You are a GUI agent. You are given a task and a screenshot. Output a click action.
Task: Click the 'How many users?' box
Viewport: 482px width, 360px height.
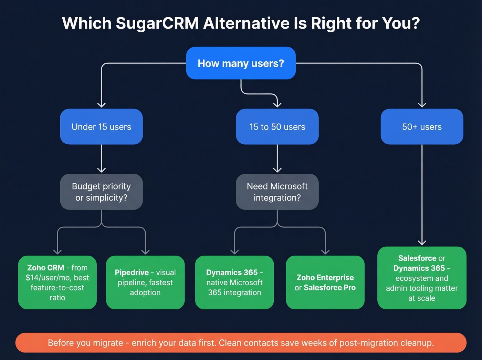pos(241,63)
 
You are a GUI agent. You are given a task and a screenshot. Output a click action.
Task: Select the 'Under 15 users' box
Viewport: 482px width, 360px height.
pos(101,127)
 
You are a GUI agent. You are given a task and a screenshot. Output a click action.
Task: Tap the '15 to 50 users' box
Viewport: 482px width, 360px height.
pos(277,127)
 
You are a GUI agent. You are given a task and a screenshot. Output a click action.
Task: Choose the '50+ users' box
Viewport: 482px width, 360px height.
pos(422,127)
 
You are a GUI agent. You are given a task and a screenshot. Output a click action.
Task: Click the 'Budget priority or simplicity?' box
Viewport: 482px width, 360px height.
pos(101,192)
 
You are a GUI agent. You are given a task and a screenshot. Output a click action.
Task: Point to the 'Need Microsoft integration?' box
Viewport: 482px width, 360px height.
pos(277,192)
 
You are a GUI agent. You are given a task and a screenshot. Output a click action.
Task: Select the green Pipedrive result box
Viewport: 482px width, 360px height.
pos(145,282)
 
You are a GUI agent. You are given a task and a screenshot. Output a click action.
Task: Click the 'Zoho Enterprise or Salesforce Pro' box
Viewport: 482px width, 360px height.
pos(325,282)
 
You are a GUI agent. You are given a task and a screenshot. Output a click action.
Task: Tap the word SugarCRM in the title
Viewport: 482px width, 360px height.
pos(157,23)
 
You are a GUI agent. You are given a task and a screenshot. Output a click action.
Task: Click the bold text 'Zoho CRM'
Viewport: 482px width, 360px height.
pos(46,268)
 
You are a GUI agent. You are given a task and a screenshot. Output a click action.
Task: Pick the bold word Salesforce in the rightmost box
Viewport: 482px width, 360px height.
pos(417,258)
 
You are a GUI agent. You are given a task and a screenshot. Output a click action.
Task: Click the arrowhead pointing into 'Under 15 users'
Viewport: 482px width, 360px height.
pos(101,104)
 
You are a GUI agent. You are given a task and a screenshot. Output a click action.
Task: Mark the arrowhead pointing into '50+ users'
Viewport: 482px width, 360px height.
pos(422,104)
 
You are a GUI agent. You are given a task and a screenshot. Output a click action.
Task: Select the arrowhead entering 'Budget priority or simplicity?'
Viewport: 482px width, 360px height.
pos(101,169)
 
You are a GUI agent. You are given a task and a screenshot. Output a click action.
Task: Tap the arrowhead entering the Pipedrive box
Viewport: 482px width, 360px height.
pos(145,251)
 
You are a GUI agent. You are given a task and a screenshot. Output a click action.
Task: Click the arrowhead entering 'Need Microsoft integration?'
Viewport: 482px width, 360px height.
pos(277,169)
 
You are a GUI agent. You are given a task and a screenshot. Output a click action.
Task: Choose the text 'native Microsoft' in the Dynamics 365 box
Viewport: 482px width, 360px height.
pos(234,282)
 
